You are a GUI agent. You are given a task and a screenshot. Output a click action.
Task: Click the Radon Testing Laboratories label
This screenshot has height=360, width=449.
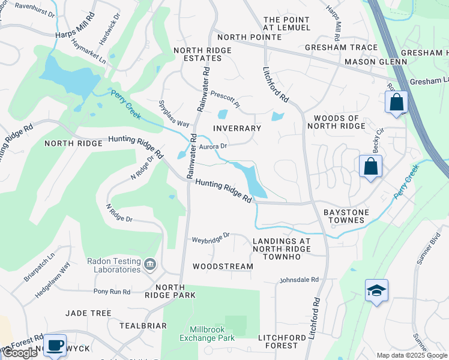[x=113, y=265]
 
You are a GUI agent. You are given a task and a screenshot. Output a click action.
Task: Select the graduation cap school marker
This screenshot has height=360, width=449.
[x=376, y=291]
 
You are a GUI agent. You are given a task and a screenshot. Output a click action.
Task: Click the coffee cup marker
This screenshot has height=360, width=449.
[x=55, y=345]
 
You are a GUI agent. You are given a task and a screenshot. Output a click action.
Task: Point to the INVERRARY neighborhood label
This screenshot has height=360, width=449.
[x=237, y=128]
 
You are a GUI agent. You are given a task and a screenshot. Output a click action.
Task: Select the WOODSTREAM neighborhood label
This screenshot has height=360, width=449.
[x=223, y=266]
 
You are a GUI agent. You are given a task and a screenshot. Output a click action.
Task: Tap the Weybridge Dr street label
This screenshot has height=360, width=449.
[x=211, y=238]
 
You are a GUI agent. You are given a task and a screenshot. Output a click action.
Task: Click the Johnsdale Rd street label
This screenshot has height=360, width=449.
[x=299, y=280]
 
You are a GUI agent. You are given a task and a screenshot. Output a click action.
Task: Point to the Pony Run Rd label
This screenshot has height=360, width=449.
[x=112, y=292]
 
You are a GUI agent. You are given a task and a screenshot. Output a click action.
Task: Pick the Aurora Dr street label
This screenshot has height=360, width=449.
[x=212, y=146]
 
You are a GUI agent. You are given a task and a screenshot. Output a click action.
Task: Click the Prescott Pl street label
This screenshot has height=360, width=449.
[x=225, y=99]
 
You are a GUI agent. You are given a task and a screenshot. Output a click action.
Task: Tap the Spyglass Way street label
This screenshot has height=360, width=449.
[x=175, y=113]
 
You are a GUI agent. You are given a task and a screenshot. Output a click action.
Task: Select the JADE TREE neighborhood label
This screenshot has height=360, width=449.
[x=88, y=313]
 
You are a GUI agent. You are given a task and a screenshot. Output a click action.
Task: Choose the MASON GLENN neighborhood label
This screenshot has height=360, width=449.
[x=369, y=62]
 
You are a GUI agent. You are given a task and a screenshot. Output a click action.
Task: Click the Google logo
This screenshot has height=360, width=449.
[x=20, y=353]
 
